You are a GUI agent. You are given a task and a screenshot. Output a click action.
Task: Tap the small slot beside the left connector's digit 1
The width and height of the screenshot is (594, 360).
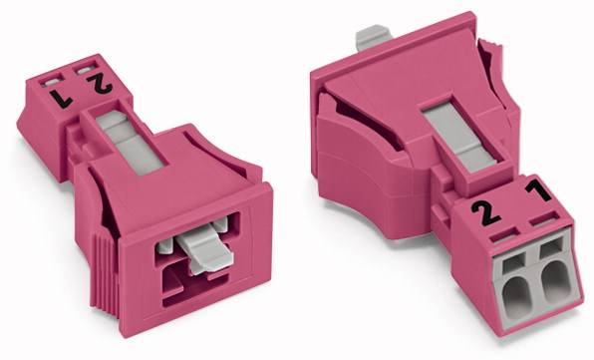click(x=52, y=75)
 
